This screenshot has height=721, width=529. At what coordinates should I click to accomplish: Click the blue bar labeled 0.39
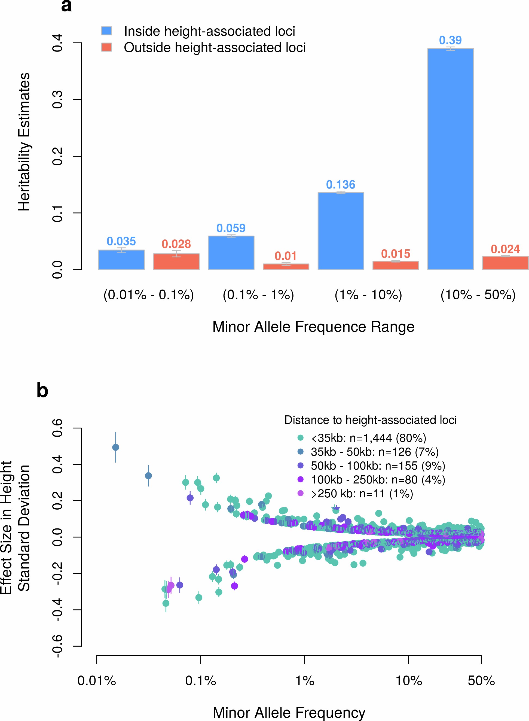pyautogui.click(x=450, y=159)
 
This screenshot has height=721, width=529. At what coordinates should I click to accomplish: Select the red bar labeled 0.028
pyautogui.click(x=176, y=261)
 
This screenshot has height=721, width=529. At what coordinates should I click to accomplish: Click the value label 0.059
pyautogui.click(x=231, y=228)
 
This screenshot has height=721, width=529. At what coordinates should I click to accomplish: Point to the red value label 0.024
pyautogui.click(x=505, y=249)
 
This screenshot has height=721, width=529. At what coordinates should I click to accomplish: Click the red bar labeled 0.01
pyautogui.click(x=286, y=266)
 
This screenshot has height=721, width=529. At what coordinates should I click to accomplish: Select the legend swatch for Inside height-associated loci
pyautogui.click(x=107, y=31)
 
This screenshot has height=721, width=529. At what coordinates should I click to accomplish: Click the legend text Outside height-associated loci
pyautogui.click(x=215, y=47)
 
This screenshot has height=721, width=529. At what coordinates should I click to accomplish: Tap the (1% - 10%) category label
pyautogui.click(x=368, y=294)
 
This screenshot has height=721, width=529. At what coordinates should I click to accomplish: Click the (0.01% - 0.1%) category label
pyautogui.click(x=149, y=294)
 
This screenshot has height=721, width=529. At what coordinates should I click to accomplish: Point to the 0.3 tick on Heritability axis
pyautogui.click(x=57, y=100)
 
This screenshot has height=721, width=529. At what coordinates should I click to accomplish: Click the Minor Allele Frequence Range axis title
pyautogui.click(x=313, y=327)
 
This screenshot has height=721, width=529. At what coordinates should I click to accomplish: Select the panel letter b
pyautogui.click(x=42, y=391)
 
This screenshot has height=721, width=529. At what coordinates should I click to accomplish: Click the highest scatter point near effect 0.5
pyautogui.click(x=116, y=447)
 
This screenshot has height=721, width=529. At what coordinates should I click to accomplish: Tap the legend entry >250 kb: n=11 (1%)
pyautogui.click(x=362, y=494)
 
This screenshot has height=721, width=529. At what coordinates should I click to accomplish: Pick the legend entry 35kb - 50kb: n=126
pyautogui.click(x=374, y=452)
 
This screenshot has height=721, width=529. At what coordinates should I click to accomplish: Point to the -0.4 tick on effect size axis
pyautogui.click(x=57, y=610)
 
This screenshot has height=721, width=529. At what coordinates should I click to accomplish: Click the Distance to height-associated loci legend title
pyautogui.click(x=371, y=420)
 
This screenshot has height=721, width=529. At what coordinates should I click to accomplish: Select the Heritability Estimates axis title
pyautogui.click(x=24, y=142)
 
